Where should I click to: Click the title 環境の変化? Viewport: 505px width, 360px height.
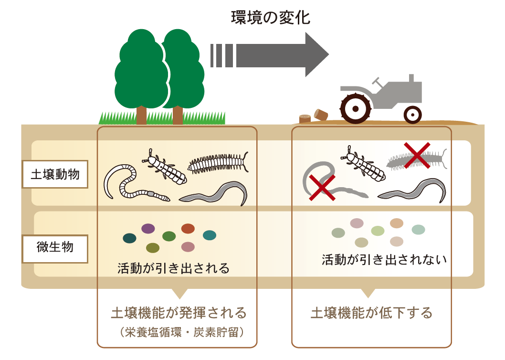click(x=271, y=18)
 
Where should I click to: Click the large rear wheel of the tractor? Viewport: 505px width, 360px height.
click(x=356, y=108)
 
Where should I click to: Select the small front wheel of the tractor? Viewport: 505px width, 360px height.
click(x=412, y=115)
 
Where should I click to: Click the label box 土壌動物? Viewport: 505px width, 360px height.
click(x=55, y=174)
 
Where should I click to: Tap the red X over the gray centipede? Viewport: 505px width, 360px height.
click(x=417, y=155)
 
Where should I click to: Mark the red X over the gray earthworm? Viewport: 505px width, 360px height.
click(x=322, y=188)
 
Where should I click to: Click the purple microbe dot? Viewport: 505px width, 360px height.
click(x=148, y=229)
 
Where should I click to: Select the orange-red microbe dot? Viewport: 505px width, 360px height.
click(x=188, y=229)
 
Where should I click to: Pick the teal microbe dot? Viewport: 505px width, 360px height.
click(x=210, y=235)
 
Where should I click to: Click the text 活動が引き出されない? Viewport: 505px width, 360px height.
click(x=384, y=260)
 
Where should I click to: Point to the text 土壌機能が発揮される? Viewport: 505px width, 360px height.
click(x=179, y=313)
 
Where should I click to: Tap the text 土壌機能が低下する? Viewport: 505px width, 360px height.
click(x=371, y=313)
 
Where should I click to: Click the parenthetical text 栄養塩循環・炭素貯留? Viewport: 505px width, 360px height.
click(x=182, y=332)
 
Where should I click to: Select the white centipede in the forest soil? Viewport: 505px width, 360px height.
click(x=218, y=162)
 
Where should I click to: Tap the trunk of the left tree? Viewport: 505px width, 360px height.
click(x=141, y=115)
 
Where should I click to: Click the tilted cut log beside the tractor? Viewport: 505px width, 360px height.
click(x=321, y=115)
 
